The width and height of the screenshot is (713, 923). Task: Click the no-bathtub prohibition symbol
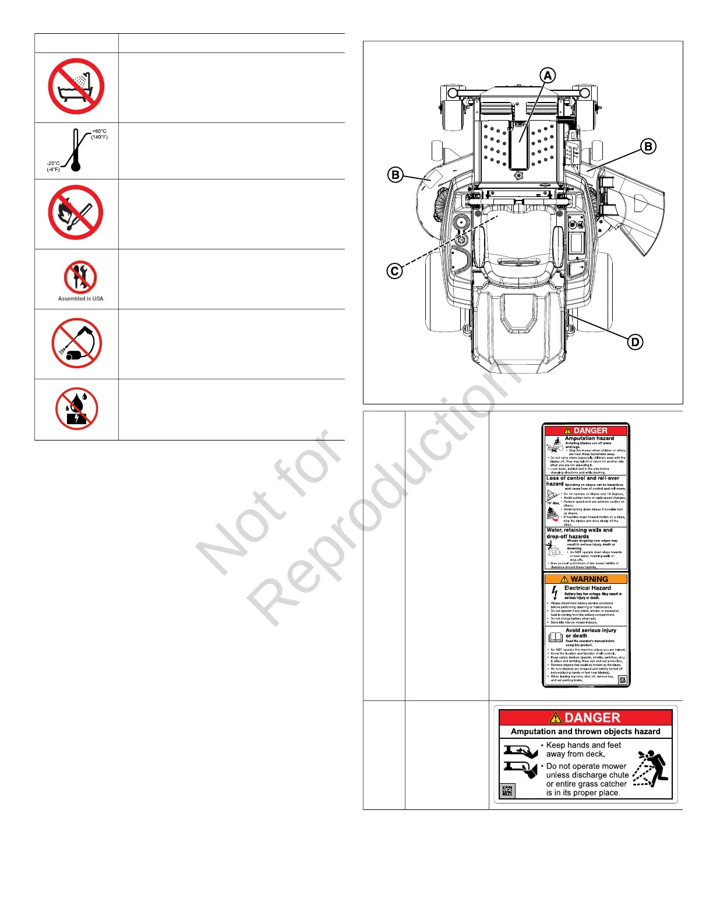click(76, 86)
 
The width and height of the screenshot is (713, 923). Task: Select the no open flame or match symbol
click(76, 213)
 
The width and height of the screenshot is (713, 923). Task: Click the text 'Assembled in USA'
click(80, 298)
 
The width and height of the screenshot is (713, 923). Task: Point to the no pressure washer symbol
click(76, 343)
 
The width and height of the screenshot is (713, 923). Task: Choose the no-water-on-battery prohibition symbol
click(76, 408)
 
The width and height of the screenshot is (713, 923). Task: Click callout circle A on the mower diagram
click(548, 75)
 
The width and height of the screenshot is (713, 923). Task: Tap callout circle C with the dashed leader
click(394, 271)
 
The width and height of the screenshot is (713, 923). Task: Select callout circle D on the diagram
click(636, 342)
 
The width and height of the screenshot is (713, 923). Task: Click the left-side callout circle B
click(396, 175)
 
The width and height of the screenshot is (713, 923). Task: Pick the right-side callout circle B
click(648, 146)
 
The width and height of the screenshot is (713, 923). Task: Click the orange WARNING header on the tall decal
click(586, 579)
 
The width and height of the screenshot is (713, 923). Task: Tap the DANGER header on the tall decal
click(586, 431)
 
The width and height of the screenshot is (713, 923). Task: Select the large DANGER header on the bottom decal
click(585, 718)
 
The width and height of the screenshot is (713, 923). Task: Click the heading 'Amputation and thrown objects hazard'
click(585, 731)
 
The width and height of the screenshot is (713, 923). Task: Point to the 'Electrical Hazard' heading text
click(587, 588)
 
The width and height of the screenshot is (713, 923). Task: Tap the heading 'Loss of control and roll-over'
click(583, 478)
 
